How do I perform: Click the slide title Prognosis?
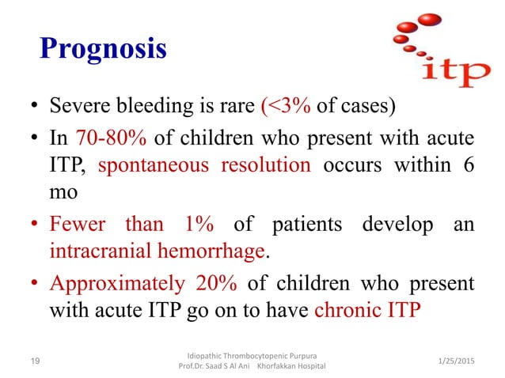pos(103,49)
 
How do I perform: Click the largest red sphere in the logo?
pos(430,18)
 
